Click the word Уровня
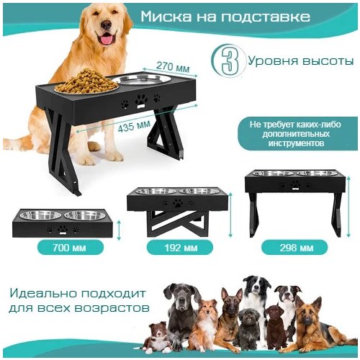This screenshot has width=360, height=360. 271,61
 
